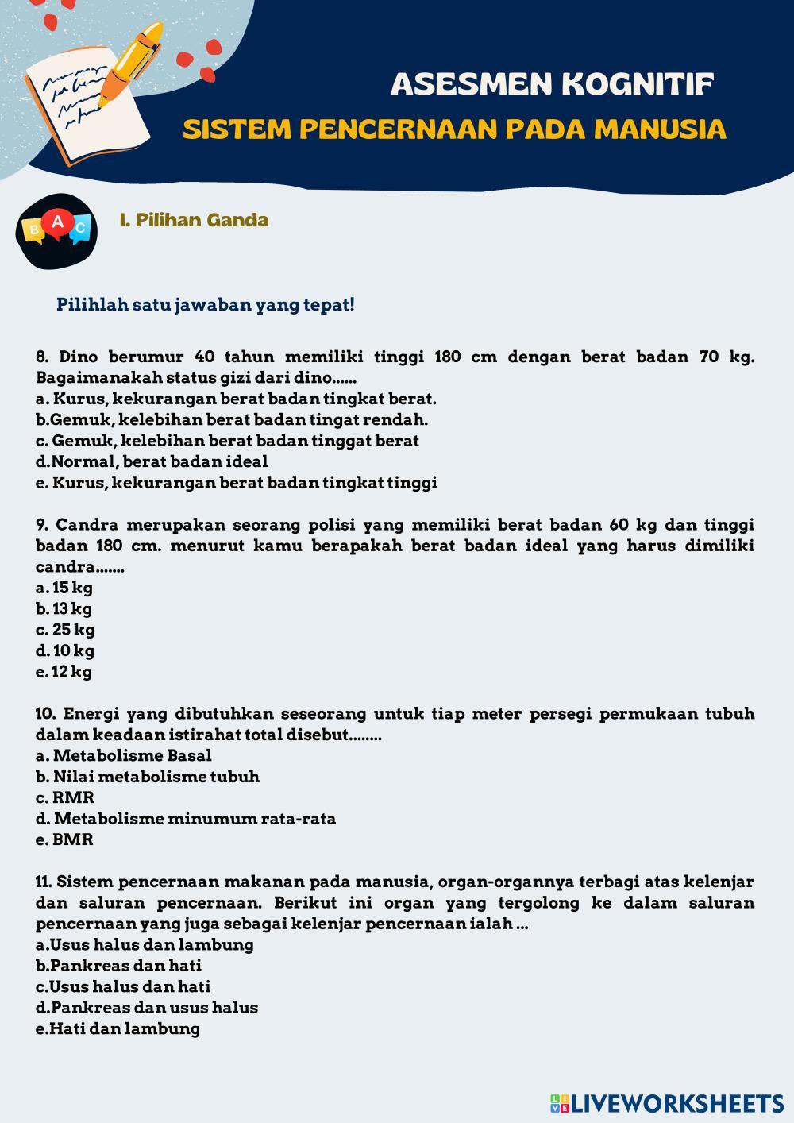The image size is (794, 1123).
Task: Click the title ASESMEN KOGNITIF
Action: (552, 84)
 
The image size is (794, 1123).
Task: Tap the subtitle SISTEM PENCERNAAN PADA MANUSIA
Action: (454, 129)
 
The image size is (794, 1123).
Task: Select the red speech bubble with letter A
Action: (57, 222)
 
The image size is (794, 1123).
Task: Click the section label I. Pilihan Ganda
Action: (194, 220)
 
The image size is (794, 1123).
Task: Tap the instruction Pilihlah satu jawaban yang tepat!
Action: (206, 305)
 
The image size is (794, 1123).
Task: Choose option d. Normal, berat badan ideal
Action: (152, 461)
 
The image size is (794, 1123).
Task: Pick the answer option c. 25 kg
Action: (65, 630)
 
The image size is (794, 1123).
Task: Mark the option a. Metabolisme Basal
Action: (124, 755)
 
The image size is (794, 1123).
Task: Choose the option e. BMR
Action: (64, 839)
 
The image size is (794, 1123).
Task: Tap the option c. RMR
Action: (65, 797)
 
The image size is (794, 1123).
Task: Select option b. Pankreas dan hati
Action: (118, 966)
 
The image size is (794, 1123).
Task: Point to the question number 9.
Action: (43, 525)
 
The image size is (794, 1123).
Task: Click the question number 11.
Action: (44, 882)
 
